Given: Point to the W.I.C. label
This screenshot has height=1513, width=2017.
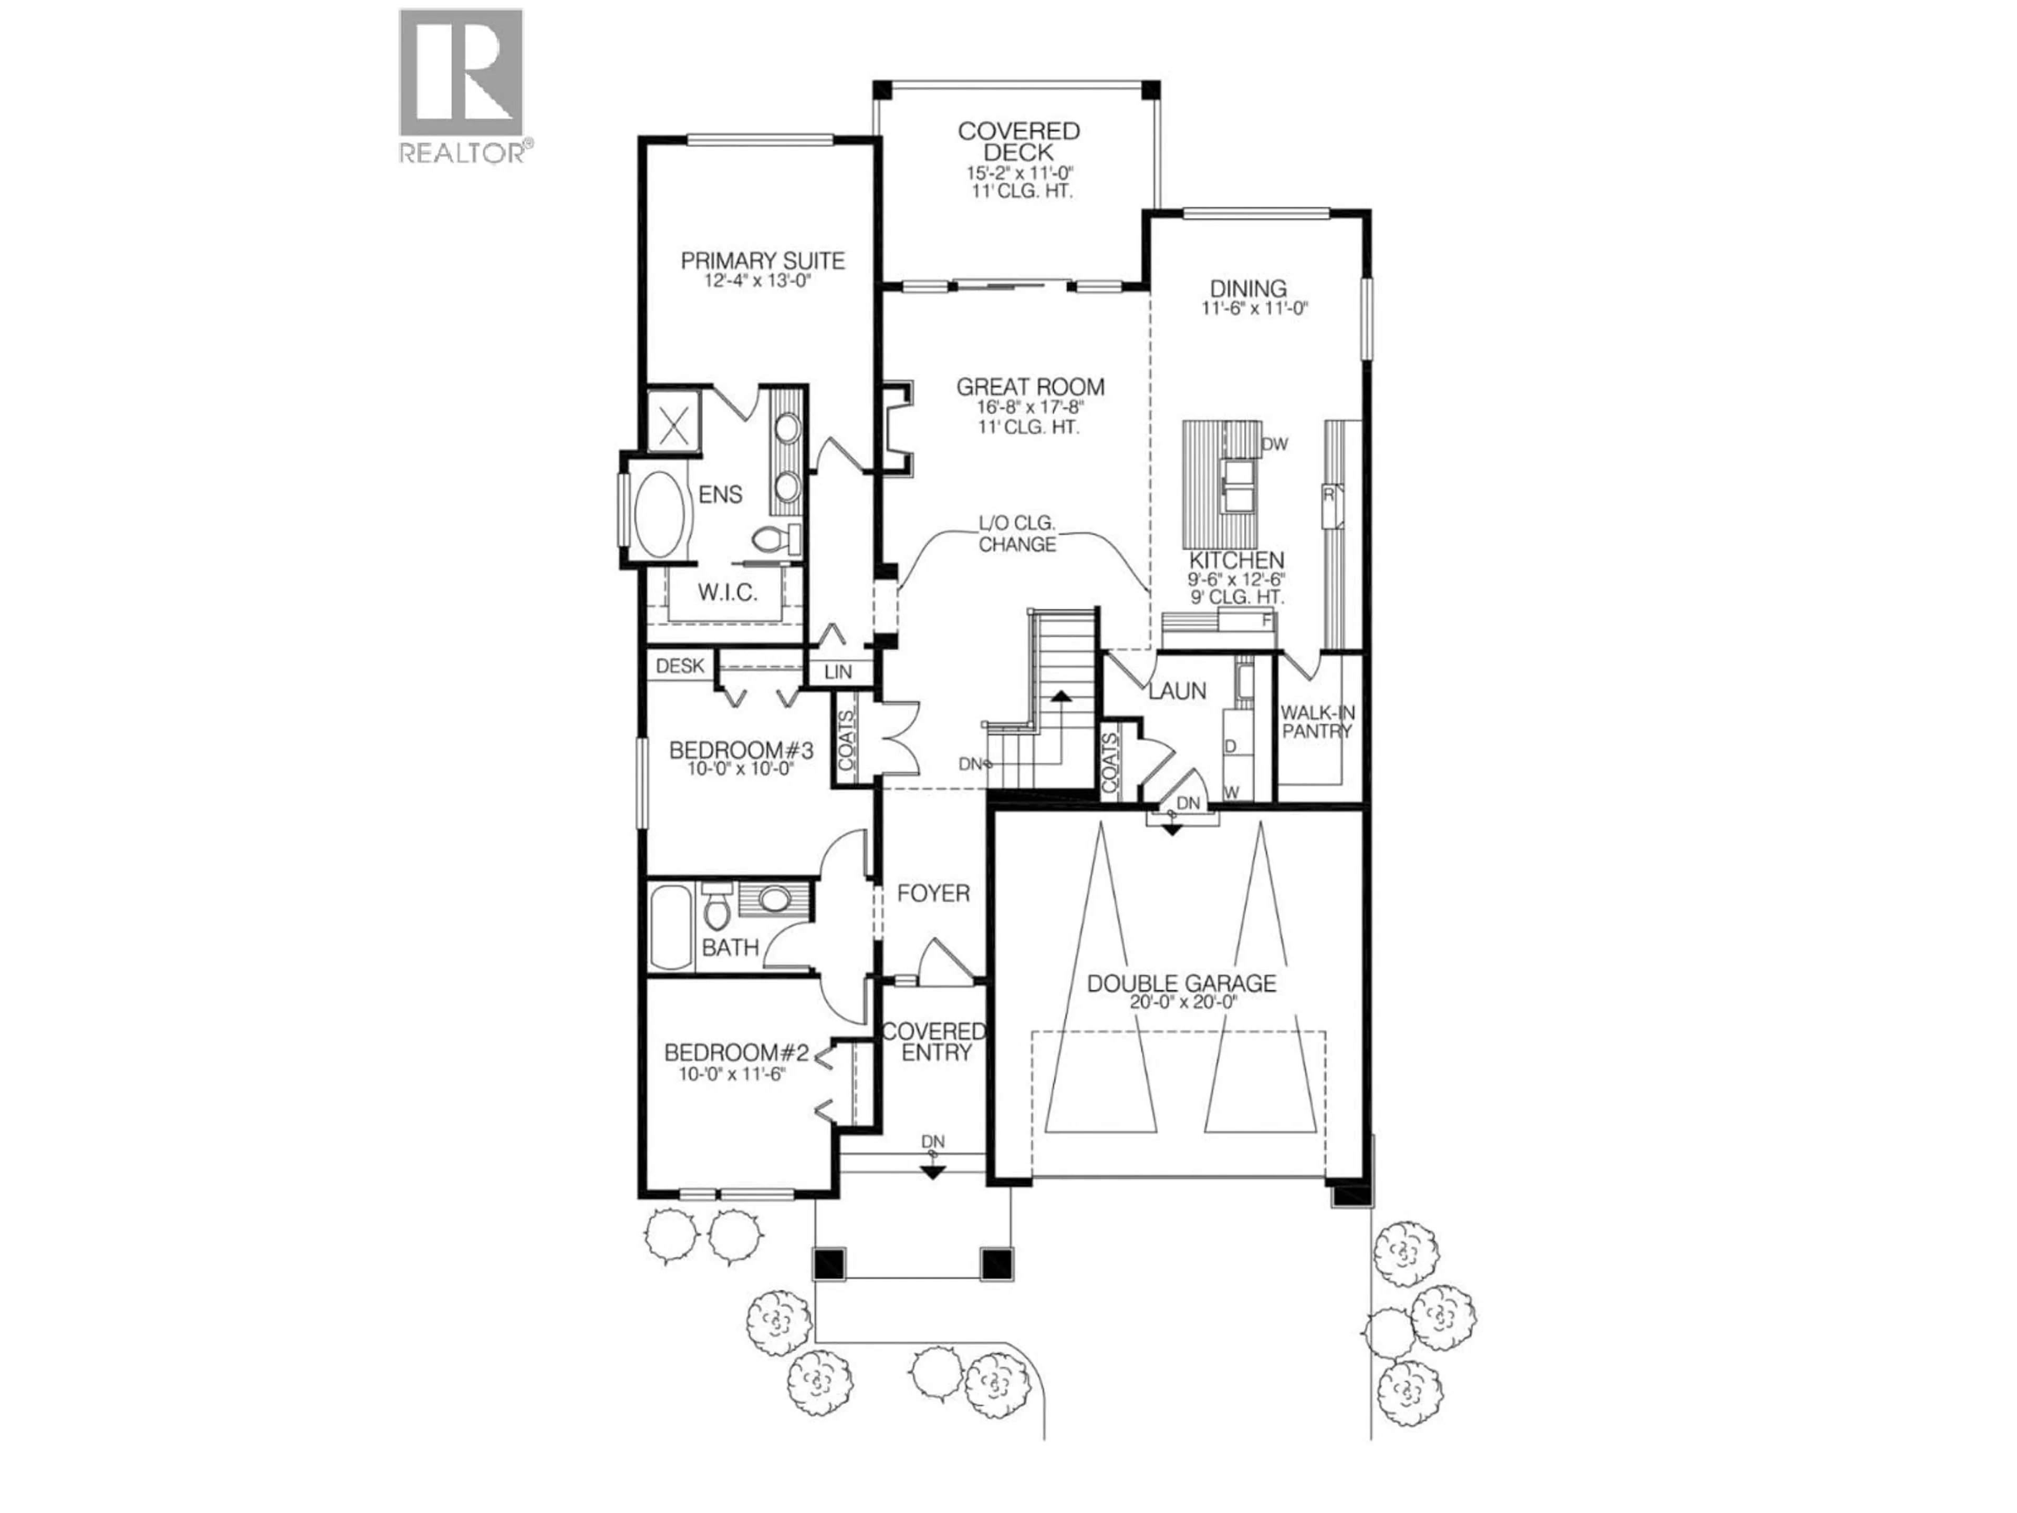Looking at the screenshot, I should [727, 593].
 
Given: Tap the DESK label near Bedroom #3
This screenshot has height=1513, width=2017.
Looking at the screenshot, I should [679, 666].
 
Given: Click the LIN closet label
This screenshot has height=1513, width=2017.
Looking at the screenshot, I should [837, 672].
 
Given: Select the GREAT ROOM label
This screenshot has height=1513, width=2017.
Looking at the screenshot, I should [1031, 387].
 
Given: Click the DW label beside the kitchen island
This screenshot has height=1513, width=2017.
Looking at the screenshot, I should [1275, 444].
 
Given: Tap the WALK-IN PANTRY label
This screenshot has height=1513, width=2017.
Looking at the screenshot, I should [1317, 721].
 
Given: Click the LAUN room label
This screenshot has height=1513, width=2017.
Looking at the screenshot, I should [1177, 691].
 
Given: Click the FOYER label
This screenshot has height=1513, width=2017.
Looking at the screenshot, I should [933, 893].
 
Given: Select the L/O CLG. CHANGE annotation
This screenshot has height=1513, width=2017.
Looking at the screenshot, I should [1017, 534].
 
